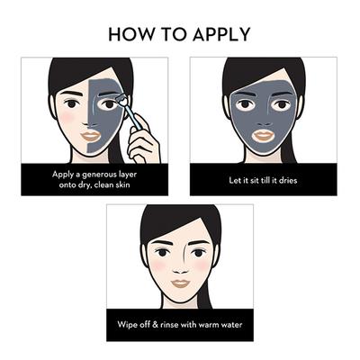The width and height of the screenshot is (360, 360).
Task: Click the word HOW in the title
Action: (x=129, y=35)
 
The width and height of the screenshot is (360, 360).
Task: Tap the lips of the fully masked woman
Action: (x=261, y=136)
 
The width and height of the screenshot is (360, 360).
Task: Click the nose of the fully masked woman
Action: (x=261, y=119)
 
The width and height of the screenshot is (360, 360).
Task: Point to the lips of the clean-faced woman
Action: (x=179, y=283)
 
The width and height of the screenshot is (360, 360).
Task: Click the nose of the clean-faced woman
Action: (x=179, y=266)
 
